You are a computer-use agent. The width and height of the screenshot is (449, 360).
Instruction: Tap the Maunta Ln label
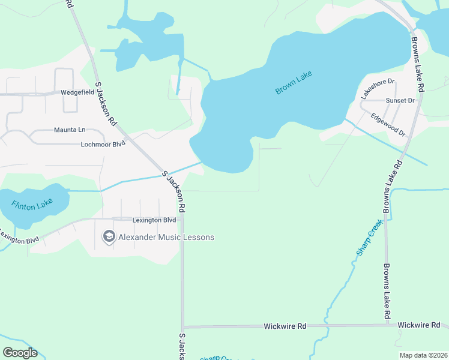coord(70,130)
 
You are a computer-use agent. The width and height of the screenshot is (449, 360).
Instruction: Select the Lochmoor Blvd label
coord(103,145)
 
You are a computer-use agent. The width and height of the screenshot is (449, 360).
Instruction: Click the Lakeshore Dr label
coord(377,88)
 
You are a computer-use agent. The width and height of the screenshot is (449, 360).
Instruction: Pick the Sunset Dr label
coord(400,101)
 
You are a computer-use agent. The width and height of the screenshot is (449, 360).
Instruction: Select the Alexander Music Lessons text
coord(166,237)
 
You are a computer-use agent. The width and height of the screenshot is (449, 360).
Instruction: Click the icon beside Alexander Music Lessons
coord(109,237)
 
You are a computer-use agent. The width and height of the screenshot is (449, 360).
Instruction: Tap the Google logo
coord(20,353)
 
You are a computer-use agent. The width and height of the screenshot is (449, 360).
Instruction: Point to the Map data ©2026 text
coord(423,355)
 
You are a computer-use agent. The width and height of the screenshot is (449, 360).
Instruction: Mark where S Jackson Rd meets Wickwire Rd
coord(182,327)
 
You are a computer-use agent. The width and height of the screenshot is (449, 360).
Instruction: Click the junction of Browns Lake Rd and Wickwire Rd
coord(387,325)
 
